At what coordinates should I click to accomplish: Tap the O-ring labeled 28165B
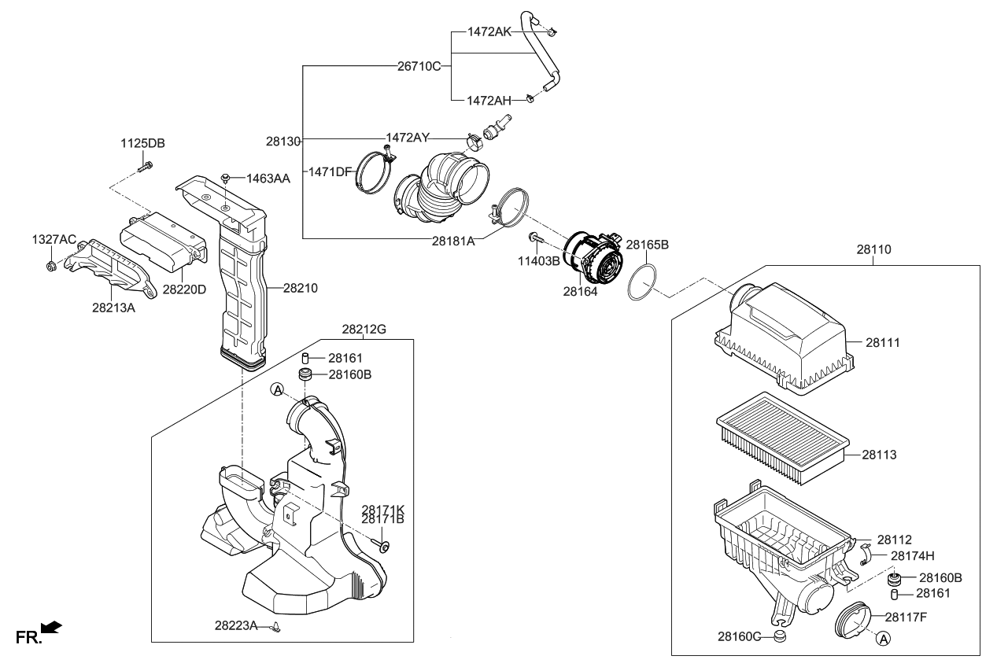tap(642, 282)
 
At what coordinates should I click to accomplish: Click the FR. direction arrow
tap(50, 627)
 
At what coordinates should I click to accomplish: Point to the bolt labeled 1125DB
tap(145, 166)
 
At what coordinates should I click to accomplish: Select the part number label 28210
tap(300, 289)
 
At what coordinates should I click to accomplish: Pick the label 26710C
tap(419, 66)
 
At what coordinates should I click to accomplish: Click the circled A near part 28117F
tap(883, 639)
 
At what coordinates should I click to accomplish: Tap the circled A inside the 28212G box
tap(277, 389)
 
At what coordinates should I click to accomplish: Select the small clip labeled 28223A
tap(275, 627)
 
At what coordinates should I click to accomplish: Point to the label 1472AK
tap(489, 31)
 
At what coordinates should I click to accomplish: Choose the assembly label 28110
tap(873, 249)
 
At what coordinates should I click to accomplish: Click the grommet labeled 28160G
tap(779, 636)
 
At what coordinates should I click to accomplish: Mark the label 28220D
tap(184, 289)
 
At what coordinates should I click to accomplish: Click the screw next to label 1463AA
tap(225, 179)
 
